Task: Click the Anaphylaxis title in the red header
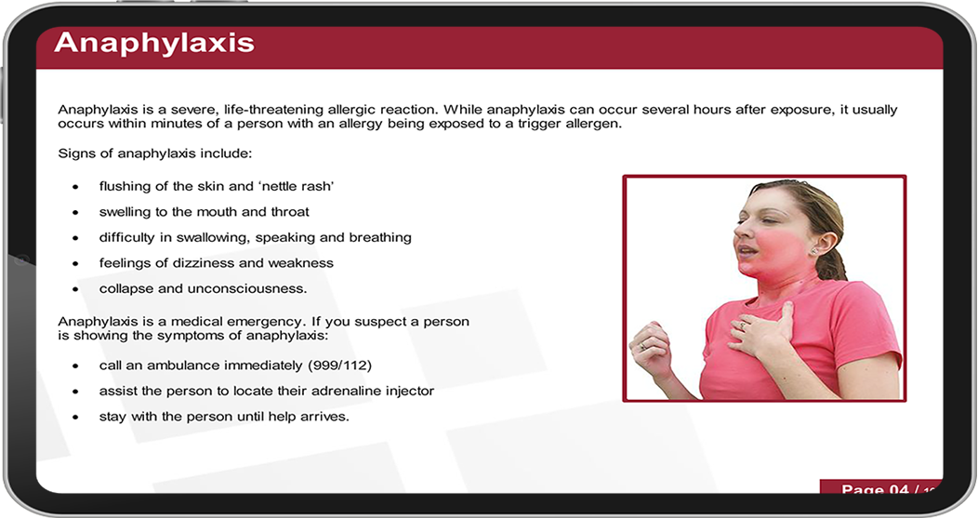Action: tap(154, 43)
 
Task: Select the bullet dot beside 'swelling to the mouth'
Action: tap(75, 213)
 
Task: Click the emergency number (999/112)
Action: tap(339, 365)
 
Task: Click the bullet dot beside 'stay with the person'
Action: tap(75, 418)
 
